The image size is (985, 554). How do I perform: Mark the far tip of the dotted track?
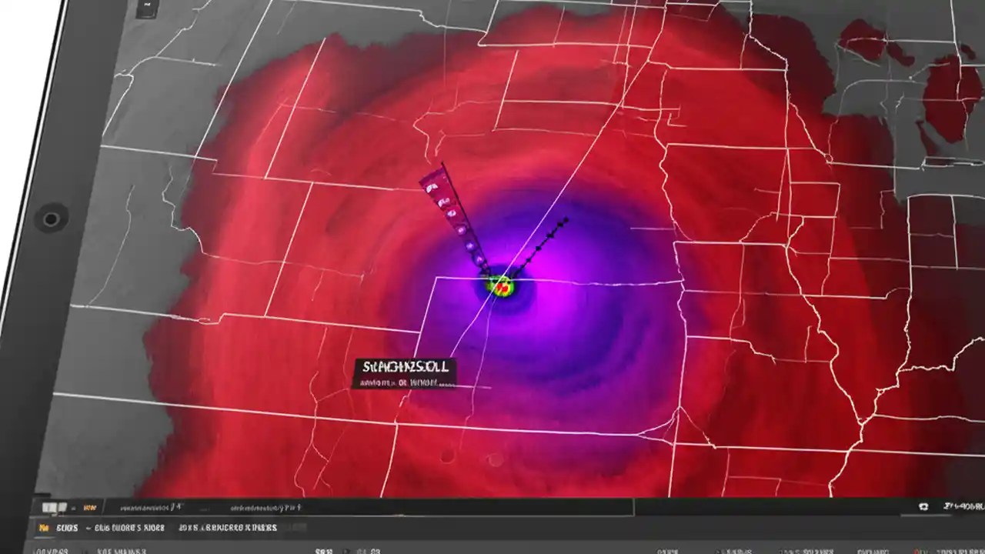567,220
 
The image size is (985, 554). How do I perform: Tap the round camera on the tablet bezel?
51,219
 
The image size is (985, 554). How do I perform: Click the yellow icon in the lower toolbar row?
44,529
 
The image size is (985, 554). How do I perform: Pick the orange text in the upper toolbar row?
88,508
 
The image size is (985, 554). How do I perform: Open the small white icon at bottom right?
923,508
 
